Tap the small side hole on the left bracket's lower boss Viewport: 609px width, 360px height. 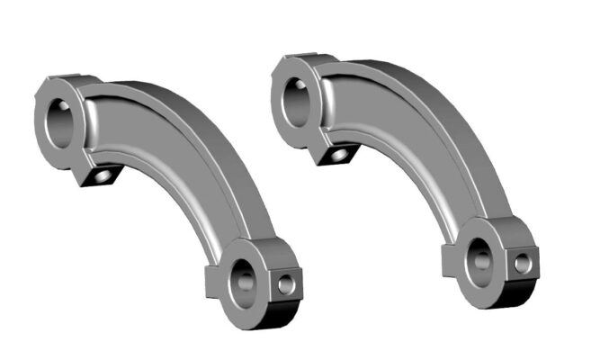[x=286, y=284]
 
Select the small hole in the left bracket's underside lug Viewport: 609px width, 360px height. [x=104, y=176]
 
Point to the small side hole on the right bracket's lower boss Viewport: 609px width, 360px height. [x=522, y=263]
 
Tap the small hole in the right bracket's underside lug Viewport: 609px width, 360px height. [x=340, y=155]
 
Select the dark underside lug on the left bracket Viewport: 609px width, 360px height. [x=97, y=174]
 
